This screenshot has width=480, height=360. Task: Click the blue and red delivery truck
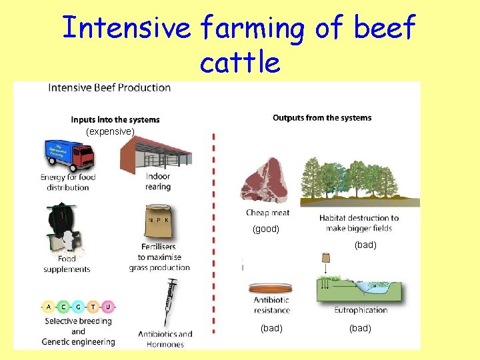[67, 155]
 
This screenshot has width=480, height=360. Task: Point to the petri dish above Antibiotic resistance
[271, 288]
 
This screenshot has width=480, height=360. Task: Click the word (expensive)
[111, 132]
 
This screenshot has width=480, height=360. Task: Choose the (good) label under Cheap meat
[265, 229]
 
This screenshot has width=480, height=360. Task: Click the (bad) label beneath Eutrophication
[360, 328]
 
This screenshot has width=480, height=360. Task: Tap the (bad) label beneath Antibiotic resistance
[271, 328]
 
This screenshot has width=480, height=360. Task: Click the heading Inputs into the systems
[115, 120]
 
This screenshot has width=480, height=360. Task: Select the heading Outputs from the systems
[322, 118]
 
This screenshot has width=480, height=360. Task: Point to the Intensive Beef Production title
[109, 87]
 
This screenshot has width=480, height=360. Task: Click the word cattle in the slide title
[239, 62]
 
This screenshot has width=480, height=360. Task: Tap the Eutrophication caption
[361, 310]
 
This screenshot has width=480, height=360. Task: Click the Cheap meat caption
[267, 213]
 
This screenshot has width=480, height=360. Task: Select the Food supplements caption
[67, 264]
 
